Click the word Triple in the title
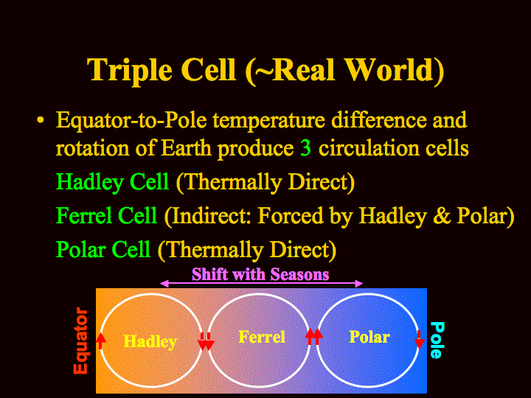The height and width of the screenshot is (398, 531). [x=129, y=71]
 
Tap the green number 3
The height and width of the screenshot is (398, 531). [x=305, y=148]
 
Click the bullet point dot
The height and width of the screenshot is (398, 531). [x=41, y=120]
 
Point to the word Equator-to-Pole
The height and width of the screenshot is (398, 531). [x=131, y=120]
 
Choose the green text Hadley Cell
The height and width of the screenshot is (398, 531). [x=112, y=183]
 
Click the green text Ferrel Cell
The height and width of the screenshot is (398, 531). [x=107, y=215]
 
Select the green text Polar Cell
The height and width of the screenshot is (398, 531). [x=103, y=249]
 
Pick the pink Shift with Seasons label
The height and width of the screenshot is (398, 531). [x=260, y=273]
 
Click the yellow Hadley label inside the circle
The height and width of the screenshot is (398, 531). [x=150, y=341]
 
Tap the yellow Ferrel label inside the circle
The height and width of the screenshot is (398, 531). [x=262, y=337]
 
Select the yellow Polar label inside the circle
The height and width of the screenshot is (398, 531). [x=369, y=337]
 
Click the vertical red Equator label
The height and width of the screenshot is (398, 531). [x=81, y=341]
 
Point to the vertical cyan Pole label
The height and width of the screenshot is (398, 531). [x=437, y=340]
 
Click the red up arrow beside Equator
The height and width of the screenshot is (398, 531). [x=100, y=341]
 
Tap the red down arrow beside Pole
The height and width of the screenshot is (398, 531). [x=419, y=340]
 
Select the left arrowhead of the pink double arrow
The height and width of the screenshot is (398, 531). [x=164, y=284]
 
